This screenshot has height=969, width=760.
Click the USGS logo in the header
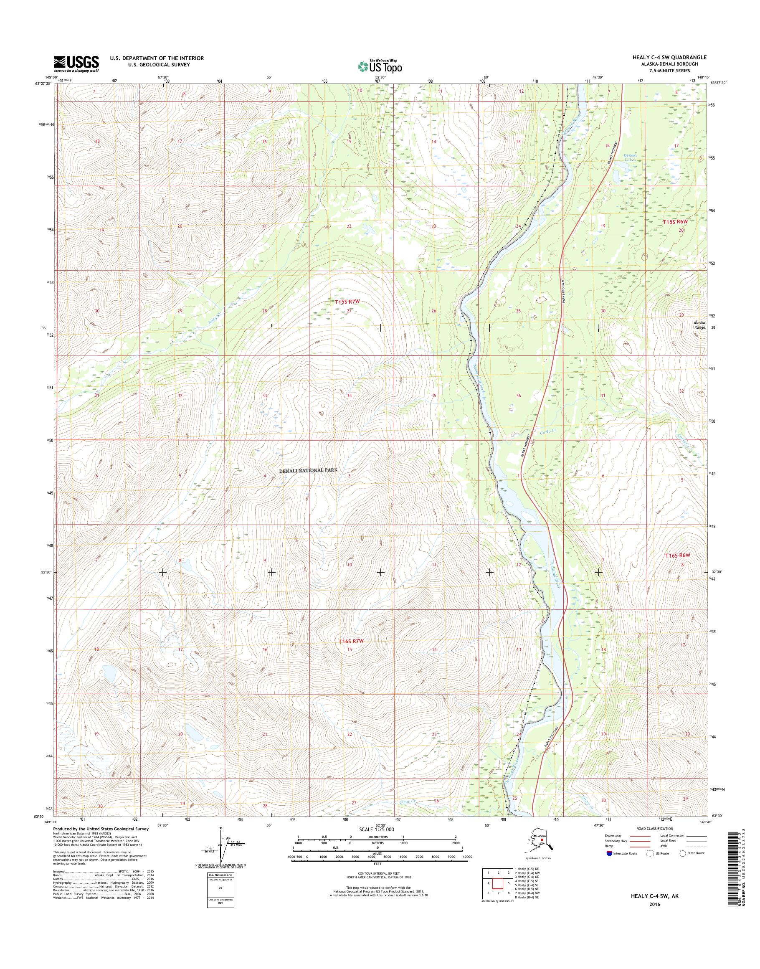coord(76,63)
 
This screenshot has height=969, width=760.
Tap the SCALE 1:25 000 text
coord(376,829)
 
